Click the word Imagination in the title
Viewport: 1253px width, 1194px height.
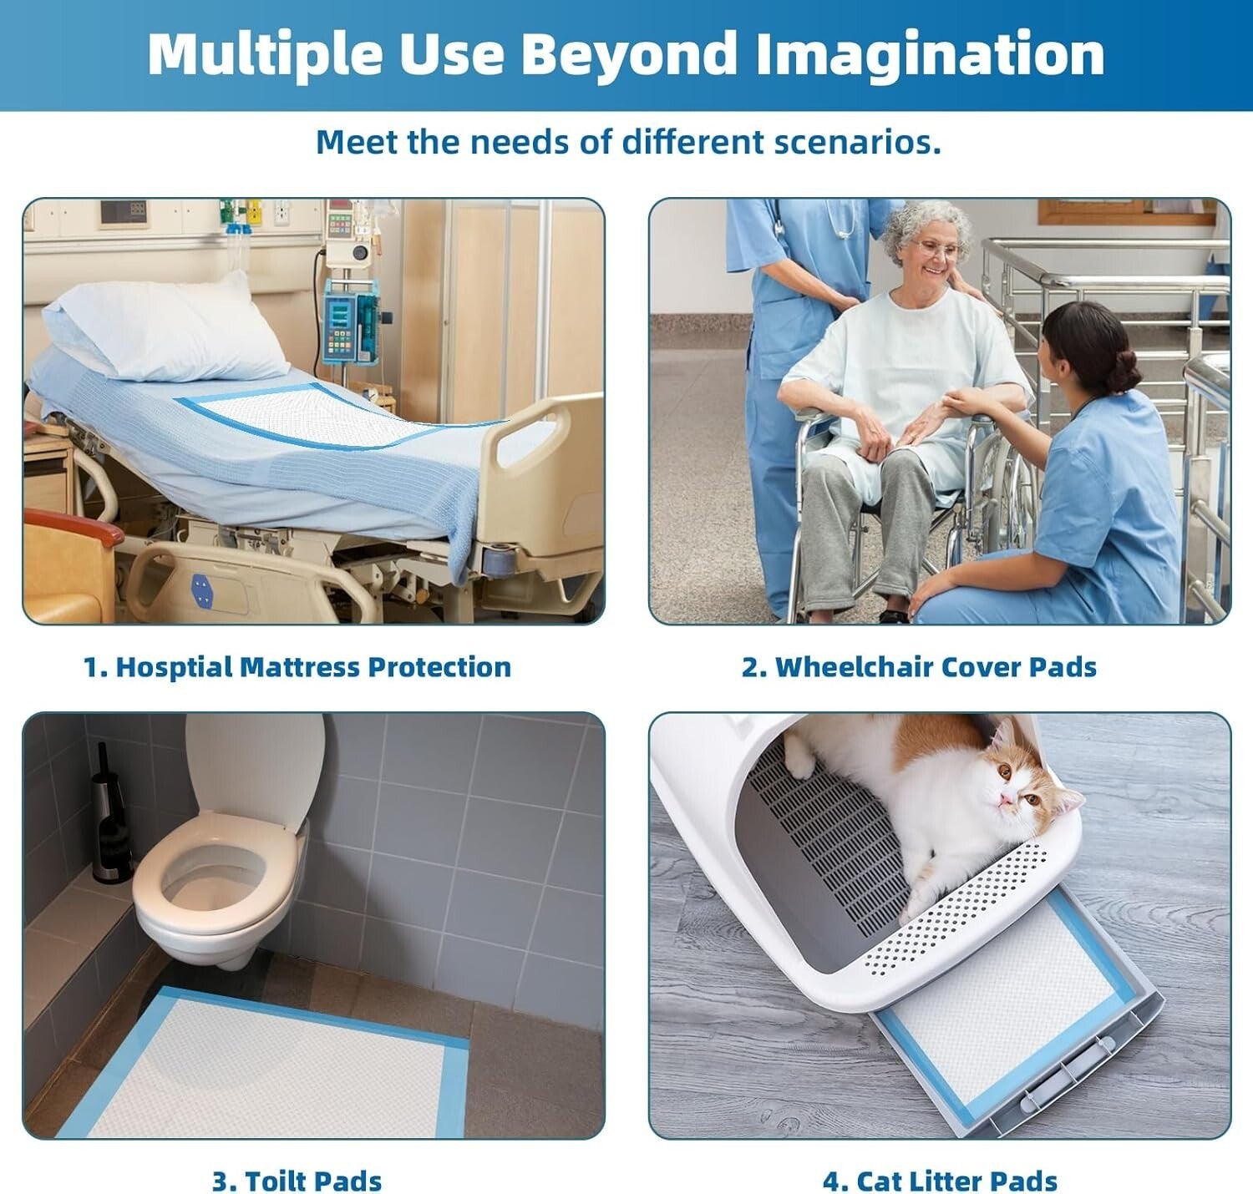[x=930, y=54]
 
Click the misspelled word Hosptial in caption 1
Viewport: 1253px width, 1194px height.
[x=173, y=667]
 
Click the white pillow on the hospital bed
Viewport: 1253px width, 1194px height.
[x=167, y=330]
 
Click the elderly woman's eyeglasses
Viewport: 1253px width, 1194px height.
[x=938, y=248]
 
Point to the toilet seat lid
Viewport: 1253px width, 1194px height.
[x=255, y=768]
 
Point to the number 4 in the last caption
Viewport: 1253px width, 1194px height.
[x=830, y=1181]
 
